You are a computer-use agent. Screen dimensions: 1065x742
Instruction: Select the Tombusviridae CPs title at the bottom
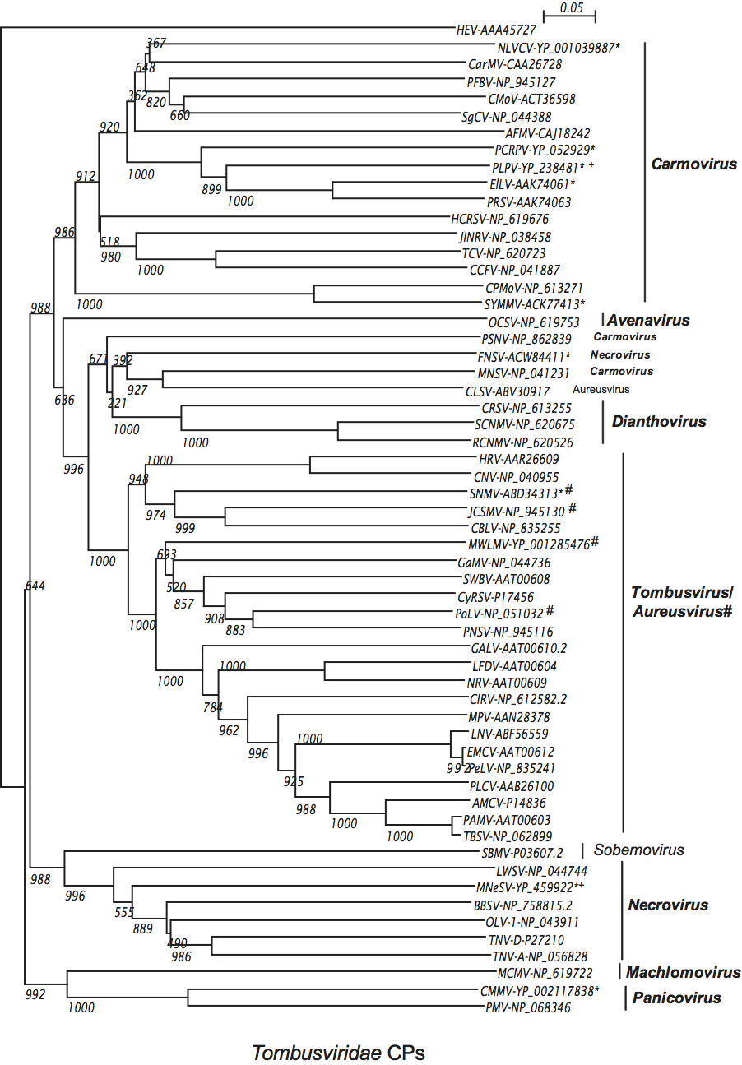pyautogui.click(x=338, y=1053)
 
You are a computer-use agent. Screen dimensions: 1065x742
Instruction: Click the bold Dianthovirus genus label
pyautogui.click(x=659, y=422)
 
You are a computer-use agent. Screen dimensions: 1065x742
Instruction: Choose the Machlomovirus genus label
pyautogui.click(x=683, y=973)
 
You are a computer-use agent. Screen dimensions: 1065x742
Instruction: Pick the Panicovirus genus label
pyautogui.click(x=677, y=998)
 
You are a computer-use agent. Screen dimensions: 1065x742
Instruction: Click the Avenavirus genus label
pyautogui.click(x=649, y=320)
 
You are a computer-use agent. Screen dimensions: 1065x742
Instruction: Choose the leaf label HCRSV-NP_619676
pyautogui.click(x=499, y=220)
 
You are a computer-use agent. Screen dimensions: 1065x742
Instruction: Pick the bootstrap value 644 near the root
pyautogui.click(x=35, y=586)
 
